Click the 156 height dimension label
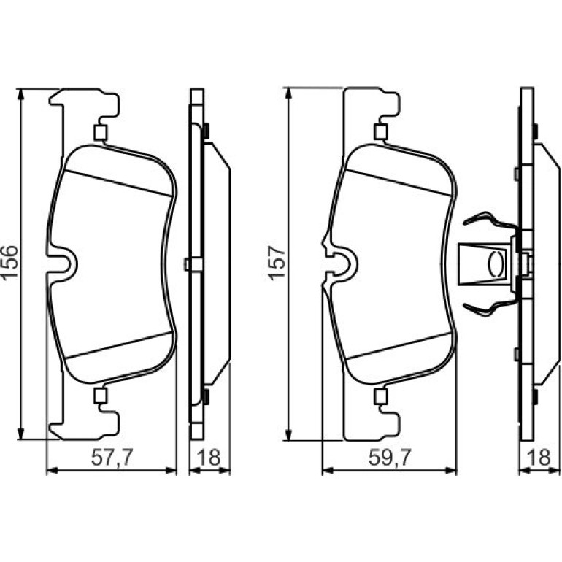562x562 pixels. tap(9, 261)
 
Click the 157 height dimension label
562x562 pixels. tap(277, 262)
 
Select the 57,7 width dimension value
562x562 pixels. tap(112, 458)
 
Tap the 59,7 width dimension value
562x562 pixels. tap(389, 458)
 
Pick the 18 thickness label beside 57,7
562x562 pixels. tap(209, 458)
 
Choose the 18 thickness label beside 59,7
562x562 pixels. tap(539, 458)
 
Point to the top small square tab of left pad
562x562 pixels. tap(101, 132)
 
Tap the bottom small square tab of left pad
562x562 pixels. tap(101, 395)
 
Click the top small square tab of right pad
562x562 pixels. tap(381, 131)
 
